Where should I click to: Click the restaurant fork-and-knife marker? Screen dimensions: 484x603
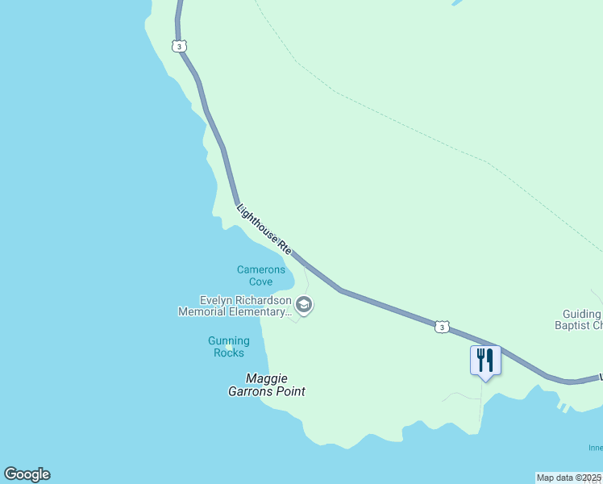tap(485, 359)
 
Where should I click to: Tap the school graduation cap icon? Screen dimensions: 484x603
tap(304, 305)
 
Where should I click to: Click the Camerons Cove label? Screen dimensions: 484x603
tap(260, 276)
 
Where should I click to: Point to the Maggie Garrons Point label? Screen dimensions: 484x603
tap(266, 385)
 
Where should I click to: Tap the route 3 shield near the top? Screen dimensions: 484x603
tap(179, 46)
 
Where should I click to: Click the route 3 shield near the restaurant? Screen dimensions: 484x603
tap(441, 326)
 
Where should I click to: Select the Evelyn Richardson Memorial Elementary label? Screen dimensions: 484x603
tap(235, 306)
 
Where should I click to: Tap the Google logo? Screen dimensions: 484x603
tap(27, 474)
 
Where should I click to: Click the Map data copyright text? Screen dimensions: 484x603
tap(568, 478)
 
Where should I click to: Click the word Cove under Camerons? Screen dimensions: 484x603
tap(260, 282)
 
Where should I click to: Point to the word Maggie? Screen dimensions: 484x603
tap(266, 378)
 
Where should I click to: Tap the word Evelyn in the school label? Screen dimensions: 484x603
tap(217, 300)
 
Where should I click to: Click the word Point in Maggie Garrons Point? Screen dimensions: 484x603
tap(289, 391)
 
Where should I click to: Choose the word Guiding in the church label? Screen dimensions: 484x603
tap(581, 314)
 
